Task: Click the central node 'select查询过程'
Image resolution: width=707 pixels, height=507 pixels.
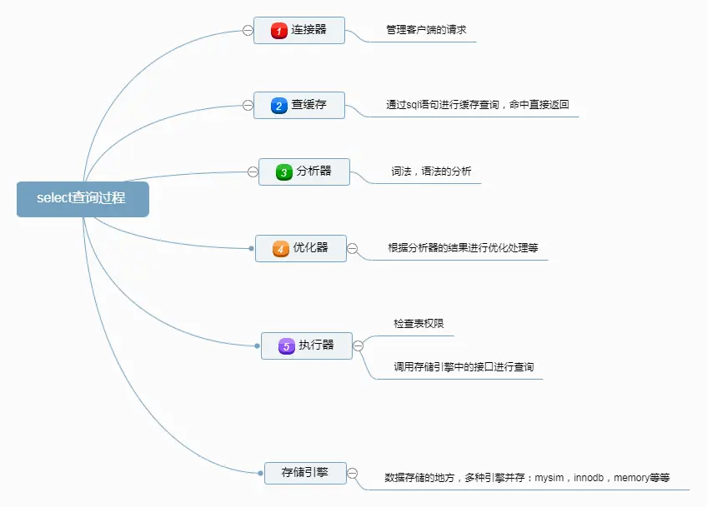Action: pos(82,199)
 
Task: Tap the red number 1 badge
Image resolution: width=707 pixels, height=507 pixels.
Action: pos(279,31)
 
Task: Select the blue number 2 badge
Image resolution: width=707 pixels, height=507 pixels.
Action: pos(279,106)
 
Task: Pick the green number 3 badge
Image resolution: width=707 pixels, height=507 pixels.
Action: pos(284,172)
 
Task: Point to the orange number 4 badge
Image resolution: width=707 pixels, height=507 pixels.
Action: pos(281,248)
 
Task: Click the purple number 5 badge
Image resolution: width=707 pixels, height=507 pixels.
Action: pos(286,345)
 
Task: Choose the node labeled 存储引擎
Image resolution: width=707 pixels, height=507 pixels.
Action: pos(305,473)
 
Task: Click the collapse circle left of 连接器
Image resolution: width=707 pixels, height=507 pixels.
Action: pos(248,30)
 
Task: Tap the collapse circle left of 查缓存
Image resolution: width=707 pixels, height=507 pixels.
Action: pos(248,105)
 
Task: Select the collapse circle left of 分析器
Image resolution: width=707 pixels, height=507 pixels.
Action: pos(253,171)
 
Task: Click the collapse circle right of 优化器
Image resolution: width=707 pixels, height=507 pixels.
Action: pos(352,248)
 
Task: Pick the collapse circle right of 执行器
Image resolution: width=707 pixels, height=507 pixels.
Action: pos(359,345)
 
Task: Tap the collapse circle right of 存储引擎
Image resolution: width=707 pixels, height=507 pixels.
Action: pos(352,473)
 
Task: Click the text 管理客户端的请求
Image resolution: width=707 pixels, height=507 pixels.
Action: pos(426,30)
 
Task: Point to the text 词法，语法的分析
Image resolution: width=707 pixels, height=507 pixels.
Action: pos(431,171)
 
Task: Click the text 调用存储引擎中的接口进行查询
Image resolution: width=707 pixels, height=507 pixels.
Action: pos(464,366)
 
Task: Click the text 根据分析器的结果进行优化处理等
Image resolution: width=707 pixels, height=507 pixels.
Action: pos(463,247)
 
